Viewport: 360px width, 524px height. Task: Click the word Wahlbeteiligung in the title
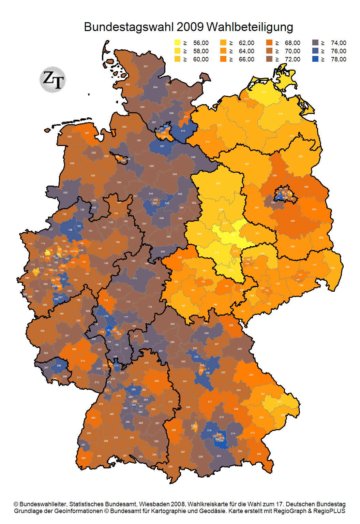[250, 27]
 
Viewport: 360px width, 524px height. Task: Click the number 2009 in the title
[190, 27]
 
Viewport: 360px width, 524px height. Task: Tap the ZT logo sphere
[52, 79]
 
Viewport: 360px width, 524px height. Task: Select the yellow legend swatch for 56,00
[177, 43]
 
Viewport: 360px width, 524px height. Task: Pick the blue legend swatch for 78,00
[315, 59]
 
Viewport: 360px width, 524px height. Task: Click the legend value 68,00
[292, 43]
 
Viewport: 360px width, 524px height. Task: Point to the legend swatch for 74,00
[315, 43]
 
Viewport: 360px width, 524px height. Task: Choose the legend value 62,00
[246, 43]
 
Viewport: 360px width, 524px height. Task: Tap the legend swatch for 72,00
[269, 59]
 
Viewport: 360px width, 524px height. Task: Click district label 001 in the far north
[146, 67]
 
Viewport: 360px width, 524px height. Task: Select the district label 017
[248, 121]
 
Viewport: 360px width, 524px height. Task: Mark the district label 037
[162, 146]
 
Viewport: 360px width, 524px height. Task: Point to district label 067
[218, 184]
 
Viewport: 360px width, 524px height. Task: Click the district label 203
[43, 331]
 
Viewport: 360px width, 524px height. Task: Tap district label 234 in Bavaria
[251, 375]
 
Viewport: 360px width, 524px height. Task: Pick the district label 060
[306, 187]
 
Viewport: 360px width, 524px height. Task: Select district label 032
[65, 193]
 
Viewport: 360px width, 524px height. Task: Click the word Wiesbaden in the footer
[172, 504]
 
